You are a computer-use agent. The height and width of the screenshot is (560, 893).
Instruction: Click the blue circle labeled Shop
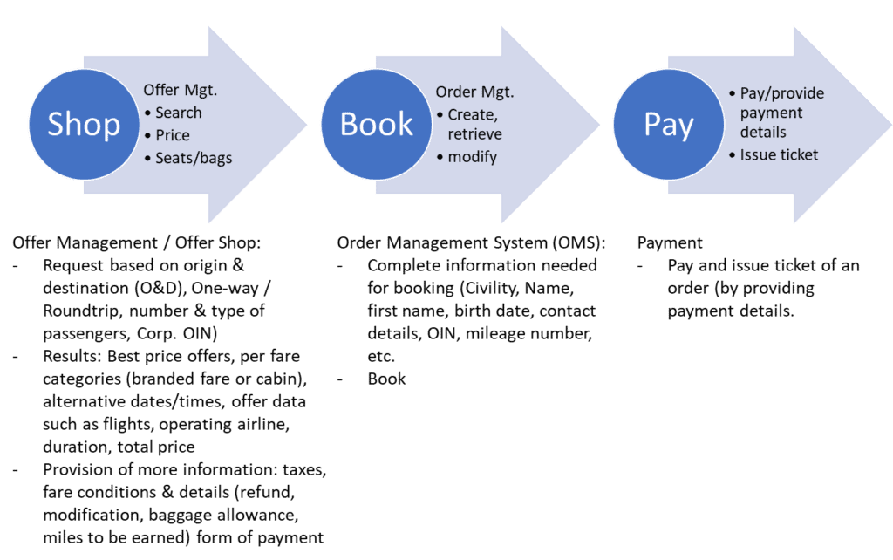tap(84, 124)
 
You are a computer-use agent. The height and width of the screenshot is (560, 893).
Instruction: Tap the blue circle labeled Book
tap(376, 124)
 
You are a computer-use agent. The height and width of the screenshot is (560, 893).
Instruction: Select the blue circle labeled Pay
tap(668, 124)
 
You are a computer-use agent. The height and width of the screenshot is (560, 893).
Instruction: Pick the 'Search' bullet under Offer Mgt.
tap(178, 113)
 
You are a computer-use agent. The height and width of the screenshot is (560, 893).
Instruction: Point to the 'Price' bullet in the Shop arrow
tap(172, 135)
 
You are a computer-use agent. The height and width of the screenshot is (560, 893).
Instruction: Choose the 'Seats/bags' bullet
tap(193, 158)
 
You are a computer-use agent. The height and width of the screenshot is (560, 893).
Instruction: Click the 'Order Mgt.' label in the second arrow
tap(474, 92)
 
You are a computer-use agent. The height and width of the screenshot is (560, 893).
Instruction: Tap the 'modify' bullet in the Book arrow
tap(472, 157)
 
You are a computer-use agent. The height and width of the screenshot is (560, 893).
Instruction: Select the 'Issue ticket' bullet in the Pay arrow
tap(779, 155)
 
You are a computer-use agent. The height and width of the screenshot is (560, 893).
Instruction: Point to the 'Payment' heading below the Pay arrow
tap(670, 242)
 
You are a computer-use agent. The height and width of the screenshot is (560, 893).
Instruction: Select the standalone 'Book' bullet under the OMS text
tap(386, 379)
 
